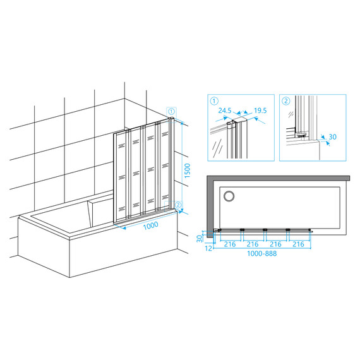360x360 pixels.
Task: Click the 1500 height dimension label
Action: tap(188, 171)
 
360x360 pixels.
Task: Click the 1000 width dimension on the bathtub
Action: tap(150, 225)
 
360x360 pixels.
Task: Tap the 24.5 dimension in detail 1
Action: tap(225, 111)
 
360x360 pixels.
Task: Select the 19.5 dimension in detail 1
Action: tap(260, 111)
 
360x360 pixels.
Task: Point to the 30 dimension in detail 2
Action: tap(333, 137)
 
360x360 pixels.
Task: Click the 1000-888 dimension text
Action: tap(261, 253)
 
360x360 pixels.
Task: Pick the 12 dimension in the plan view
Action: tap(208, 248)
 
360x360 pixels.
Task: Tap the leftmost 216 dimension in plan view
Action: tap(230, 244)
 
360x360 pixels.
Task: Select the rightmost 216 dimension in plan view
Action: tap(298, 244)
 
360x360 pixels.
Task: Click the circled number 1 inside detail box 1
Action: tap(214, 101)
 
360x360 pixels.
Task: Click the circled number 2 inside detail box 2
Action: tap(286, 101)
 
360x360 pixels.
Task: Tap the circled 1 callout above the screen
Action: tap(172, 112)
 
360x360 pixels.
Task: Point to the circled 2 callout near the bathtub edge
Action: tap(178, 205)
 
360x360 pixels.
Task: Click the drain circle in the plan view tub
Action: tap(229, 196)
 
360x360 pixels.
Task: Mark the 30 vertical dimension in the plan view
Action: tap(200, 239)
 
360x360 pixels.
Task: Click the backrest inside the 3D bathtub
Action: tap(100, 213)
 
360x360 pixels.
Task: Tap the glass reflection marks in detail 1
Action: tap(217, 148)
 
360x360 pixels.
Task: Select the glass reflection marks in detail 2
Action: tap(291, 114)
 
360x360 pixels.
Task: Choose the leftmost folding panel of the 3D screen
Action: tap(120, 177)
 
